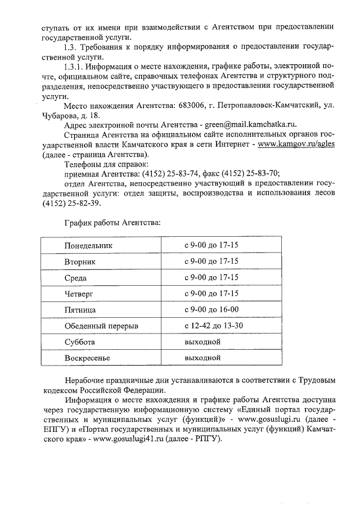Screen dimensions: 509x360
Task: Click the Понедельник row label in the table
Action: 88,246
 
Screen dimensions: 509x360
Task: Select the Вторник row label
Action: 80,262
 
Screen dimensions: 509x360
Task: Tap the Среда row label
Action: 75,278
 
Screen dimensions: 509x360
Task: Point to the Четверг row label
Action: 79,294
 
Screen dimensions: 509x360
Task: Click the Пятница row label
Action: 80,310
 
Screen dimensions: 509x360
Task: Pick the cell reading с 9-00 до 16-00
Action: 211,309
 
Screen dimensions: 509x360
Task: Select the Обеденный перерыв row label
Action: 101,326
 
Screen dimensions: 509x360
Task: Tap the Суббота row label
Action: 79,342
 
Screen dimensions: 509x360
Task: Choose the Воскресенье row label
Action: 87,358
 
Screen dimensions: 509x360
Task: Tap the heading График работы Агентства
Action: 112,223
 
